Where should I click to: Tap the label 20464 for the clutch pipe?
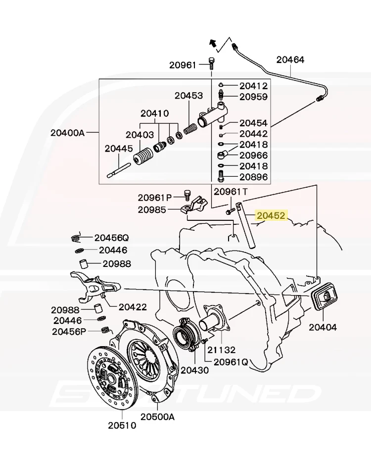point(290,60)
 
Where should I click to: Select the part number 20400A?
point(67,133)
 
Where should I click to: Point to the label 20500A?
point(157,416)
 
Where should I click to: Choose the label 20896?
point(253,177)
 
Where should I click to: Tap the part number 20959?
point(253,97)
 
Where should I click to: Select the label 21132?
point(221,350)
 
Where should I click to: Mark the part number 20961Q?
point(231,362)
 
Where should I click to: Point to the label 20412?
point(253,86)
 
